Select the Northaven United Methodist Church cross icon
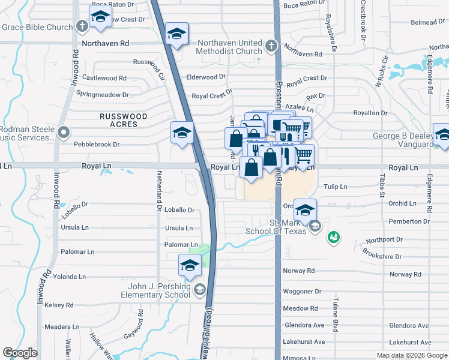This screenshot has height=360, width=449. point(271,45)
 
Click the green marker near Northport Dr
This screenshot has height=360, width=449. point(334,238)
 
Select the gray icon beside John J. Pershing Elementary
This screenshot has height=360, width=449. point(199,290)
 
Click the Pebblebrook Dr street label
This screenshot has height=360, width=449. point(97,145)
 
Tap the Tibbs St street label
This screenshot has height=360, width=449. point(381,185)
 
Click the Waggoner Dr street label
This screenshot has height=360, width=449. point(303,291)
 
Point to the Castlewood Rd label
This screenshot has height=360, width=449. point(104,78)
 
